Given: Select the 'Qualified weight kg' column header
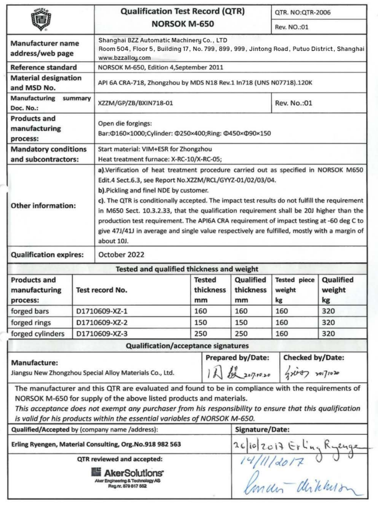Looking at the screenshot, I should pos(338,290).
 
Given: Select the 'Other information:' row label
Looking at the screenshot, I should pos(43,205).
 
